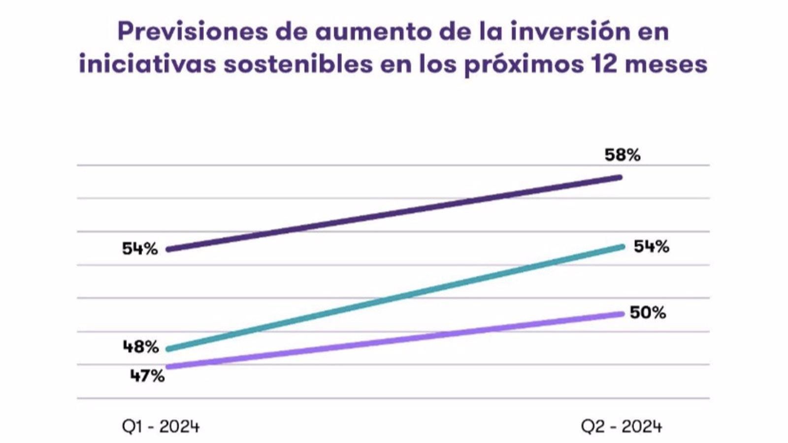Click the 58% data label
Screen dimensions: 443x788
(x=623, y=155)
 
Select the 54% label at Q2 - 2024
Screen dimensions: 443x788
(x=651, y=247)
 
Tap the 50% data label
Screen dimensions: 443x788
(x=648, y=313)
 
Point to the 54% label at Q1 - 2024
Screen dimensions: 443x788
(x=140, y=249)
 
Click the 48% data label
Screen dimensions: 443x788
(x=141, y=347)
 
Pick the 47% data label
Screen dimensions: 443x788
(x=147, y=377)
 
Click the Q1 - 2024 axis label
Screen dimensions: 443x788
(x=161, y=426)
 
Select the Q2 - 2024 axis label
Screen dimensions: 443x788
(x=622, y=426)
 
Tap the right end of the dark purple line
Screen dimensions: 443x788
(x=620, y=177)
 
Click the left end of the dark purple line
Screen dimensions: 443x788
(x=169, y=250)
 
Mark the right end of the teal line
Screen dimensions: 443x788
(x=623, y=247)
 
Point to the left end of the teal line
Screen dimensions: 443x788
(x=169, y=349)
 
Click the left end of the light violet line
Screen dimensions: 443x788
(x=169, y=367)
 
